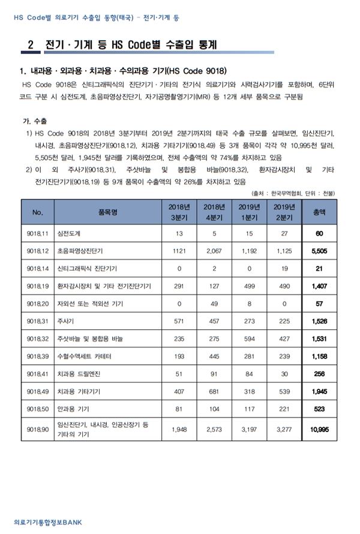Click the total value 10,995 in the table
pyautogui.click(x=319, y=430)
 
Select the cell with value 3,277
pyautogui.click(x=283, y=430)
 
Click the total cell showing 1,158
pyautogui.click(x=319, y=356)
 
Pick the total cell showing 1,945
pyautogui.click(x=319, y=391)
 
